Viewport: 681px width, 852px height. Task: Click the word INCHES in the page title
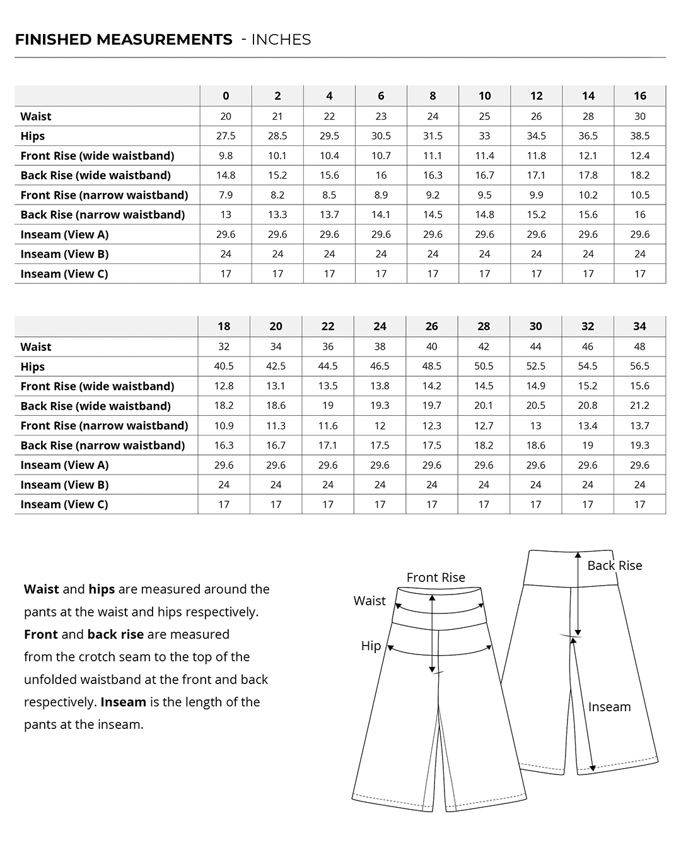tap(281, 40)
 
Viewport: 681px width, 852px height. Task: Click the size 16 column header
tap(639, 96)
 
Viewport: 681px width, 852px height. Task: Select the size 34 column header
tap(639, 326)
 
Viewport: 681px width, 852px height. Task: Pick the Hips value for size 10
tap(484, 136)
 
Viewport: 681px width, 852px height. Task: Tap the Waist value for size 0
tap(226, 116)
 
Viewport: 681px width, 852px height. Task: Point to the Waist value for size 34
tap(639, 346)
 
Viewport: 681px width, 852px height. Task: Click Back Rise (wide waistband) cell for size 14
tap(588, 175)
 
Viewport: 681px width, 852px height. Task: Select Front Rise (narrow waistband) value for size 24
tap(380, 425)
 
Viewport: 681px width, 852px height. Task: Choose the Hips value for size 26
tap(431, 366)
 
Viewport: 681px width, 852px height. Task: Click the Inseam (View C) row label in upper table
tap(64, 274)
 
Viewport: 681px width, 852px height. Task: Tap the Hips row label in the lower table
tap(33, 367)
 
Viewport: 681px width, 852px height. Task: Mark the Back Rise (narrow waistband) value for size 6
tap(381, 215)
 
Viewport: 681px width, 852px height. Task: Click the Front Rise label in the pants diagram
tap(436, 577)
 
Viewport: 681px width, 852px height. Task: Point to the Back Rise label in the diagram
tap(614, 565)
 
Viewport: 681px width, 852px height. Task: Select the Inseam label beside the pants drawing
tap(609, 707)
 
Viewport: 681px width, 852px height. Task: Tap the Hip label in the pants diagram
tap(371, 646)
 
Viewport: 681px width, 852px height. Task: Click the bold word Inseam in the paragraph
tap(123, 702)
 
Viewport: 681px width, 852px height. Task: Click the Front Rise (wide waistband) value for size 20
tap(276, 386)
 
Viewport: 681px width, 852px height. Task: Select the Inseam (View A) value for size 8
tap(433, 234)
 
